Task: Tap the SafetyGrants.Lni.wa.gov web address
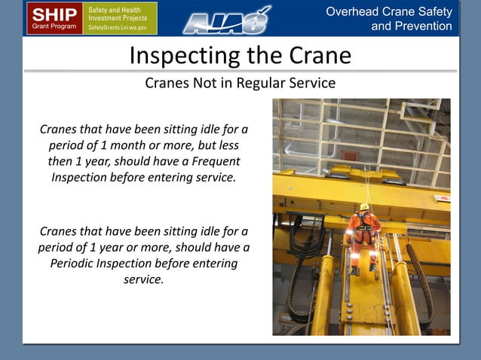121,27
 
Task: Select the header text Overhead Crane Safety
389,11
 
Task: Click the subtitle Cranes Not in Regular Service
240,83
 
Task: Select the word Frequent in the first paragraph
215,161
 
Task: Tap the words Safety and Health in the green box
115,9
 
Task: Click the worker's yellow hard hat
364,206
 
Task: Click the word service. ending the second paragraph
143,280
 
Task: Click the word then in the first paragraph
61,161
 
